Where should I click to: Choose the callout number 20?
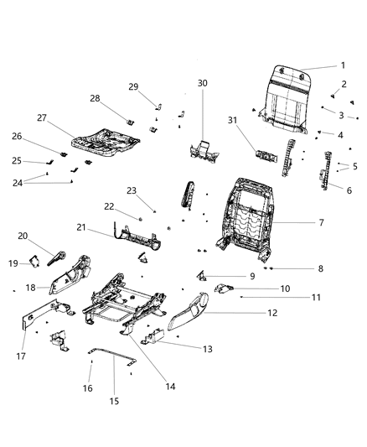[23, 236]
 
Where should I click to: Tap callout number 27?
[41, 118]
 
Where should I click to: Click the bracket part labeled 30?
[202, 152]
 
